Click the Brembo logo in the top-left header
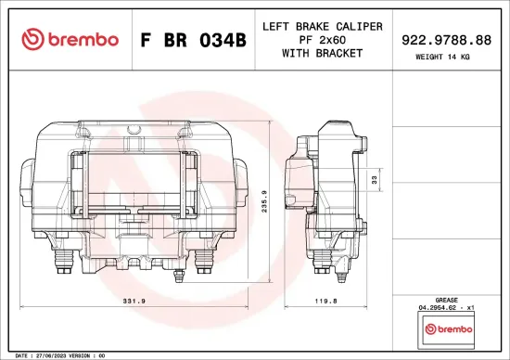[70, 39]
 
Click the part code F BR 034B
[193, 40]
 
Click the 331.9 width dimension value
[135, 300]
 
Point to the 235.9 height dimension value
[266, 202]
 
